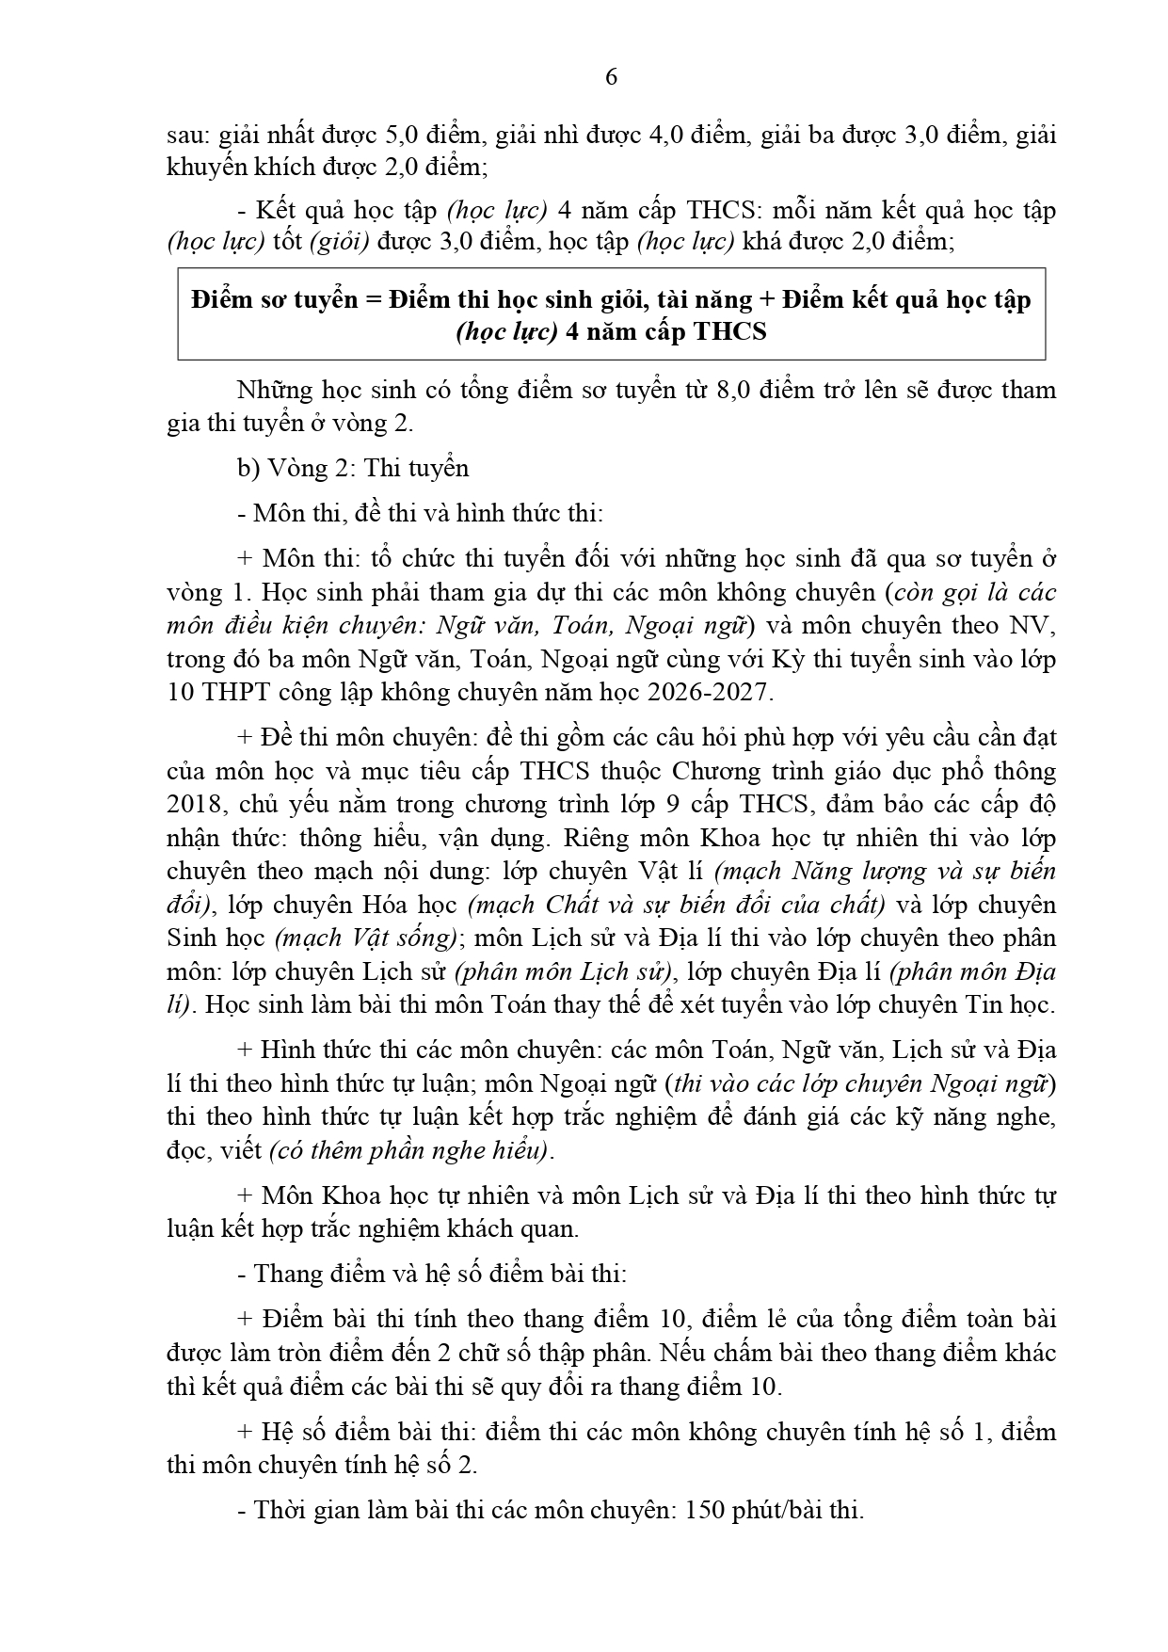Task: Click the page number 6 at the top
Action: point(611,78)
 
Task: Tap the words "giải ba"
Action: point(810,135)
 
